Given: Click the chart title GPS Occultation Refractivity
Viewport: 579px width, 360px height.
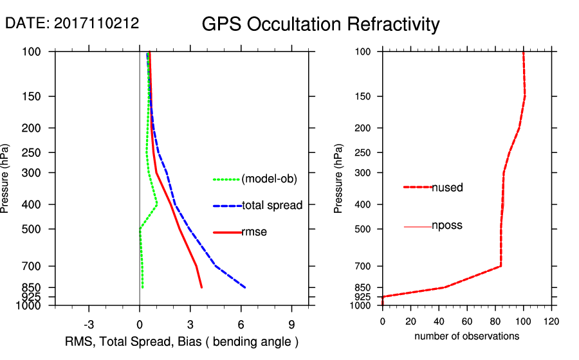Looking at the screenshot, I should pyautogui.click(x=320, y=24).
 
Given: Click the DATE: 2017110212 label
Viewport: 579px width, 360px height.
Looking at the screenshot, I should pyautogui.click(x=72, y=23).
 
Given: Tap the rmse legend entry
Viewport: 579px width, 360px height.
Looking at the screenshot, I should pyautogui.click(x=253, y=232).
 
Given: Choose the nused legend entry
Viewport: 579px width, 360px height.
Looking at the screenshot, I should pyautogui.click(x=447, y=188).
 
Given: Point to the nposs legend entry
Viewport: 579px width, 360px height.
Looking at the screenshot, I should pyautogui.click(x=446, y=226).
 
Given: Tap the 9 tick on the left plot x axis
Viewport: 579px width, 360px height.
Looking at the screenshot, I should pyautogui.click(x=291, y=324).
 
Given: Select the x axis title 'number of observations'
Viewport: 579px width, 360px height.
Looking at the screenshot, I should pyautogui.click(x=466, y=336).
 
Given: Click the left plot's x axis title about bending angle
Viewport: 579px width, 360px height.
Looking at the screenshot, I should pyautogui.click(x=182, y=341).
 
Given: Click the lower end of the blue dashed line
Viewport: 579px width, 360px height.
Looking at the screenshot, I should pyautogui.click(x=245, y=287).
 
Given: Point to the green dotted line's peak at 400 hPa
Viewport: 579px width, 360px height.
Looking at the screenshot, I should pyautogui.click(x=157, y=205).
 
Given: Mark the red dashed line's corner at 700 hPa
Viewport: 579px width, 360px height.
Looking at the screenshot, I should pyautogui.click(x=501, y=265).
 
